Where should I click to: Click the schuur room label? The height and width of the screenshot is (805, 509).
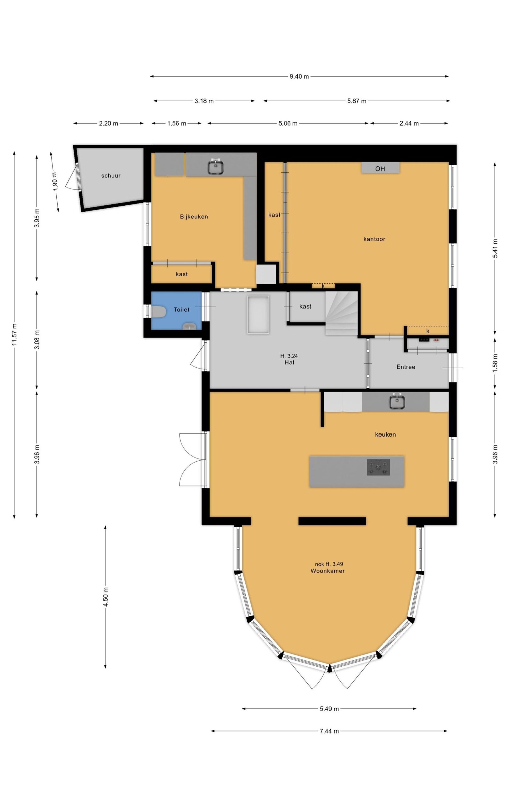111,175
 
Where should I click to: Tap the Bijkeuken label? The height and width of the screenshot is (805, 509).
194,217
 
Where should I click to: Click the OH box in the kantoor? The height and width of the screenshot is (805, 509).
380,168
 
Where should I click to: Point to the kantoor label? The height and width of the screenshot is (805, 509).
374,239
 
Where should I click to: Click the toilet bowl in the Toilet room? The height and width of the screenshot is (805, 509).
159,312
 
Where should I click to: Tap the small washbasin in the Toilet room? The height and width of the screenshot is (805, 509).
190,326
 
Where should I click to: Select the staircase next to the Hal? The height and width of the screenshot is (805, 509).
341,313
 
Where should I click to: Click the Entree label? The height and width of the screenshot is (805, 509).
406,367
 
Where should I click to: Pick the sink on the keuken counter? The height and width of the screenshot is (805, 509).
397,402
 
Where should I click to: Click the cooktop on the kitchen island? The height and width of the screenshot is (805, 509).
378,467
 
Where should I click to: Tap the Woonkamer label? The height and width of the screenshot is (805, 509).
327,571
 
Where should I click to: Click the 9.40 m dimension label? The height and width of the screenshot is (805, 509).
299,76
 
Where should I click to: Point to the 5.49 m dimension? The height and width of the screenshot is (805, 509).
329,709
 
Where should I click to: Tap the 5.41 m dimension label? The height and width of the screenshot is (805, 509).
495,248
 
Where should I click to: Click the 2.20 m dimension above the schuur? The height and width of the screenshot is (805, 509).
108,123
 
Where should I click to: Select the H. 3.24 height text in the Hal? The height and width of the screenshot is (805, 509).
289,356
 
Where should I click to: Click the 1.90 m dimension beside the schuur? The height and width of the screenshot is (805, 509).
55,181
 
